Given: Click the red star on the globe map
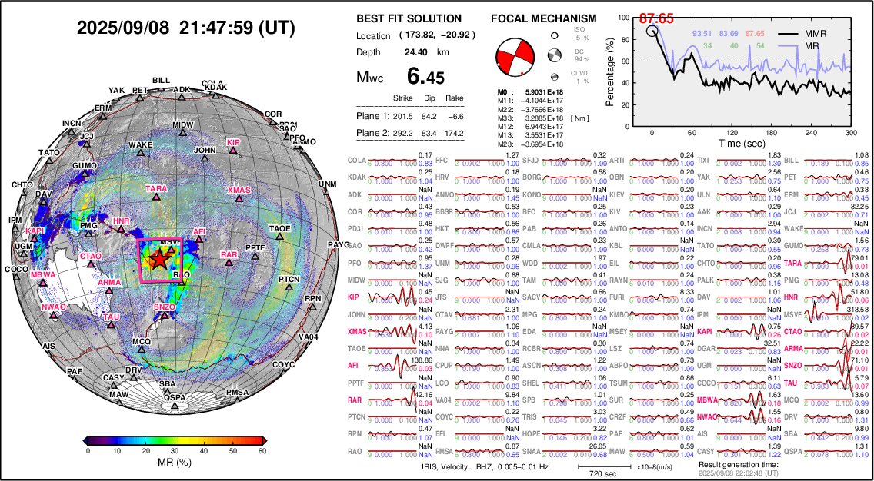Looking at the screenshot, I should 158,260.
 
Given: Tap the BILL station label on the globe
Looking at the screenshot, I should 161,80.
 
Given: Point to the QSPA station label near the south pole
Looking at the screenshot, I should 175,397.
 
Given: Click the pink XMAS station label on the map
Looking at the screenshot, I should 239,190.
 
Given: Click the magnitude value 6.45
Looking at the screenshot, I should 425,77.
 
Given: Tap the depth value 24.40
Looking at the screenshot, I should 416,52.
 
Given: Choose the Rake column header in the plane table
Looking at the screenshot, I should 454,98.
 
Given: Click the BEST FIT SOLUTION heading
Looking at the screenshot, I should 409,18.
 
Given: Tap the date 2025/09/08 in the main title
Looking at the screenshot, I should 124,28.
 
